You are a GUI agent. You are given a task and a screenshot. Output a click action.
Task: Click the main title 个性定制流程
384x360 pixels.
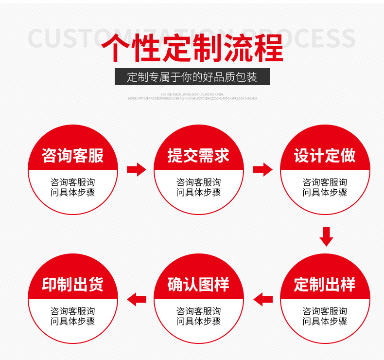tap(192, 48)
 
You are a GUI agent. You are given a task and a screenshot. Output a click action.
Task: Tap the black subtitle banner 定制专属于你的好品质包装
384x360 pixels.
tap(192, 77)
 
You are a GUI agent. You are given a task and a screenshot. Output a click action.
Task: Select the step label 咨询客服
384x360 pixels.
tap(73, 156)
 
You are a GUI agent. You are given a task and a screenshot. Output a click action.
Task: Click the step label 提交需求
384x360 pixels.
tap(198, 156)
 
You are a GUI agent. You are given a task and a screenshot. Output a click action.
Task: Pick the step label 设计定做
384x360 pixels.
tap(325, 156)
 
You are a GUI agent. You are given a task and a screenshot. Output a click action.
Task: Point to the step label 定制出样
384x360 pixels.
tap(325, 285)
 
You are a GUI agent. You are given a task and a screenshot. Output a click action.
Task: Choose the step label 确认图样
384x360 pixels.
tap(198, 285)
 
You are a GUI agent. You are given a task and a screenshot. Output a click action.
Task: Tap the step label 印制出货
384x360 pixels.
tap(73, 285)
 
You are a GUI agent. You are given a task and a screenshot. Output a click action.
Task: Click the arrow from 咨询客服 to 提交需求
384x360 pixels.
tap(136, 170)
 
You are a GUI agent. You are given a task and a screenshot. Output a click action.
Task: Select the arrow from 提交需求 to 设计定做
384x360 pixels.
tap(262, 170)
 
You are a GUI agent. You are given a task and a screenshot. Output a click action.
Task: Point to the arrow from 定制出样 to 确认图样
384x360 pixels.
tap(263, 299)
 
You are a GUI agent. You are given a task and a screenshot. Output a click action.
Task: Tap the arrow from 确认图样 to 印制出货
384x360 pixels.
tap(137, 299)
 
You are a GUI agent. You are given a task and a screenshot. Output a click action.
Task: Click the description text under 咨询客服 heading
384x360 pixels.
tap(73, 187)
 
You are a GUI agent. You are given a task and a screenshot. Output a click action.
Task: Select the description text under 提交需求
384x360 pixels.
tap(198, 187)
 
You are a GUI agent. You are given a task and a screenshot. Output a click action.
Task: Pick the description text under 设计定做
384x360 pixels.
tap(325, 187)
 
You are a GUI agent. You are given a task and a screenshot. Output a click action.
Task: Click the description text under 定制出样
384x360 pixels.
tap(325, 316)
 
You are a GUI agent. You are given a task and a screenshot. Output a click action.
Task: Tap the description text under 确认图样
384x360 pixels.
tap(198, 316)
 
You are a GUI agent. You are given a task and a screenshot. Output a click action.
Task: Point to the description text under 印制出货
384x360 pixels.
tap(73, 316)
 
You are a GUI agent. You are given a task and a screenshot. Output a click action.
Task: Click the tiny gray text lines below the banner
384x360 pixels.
tap(192, 96)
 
